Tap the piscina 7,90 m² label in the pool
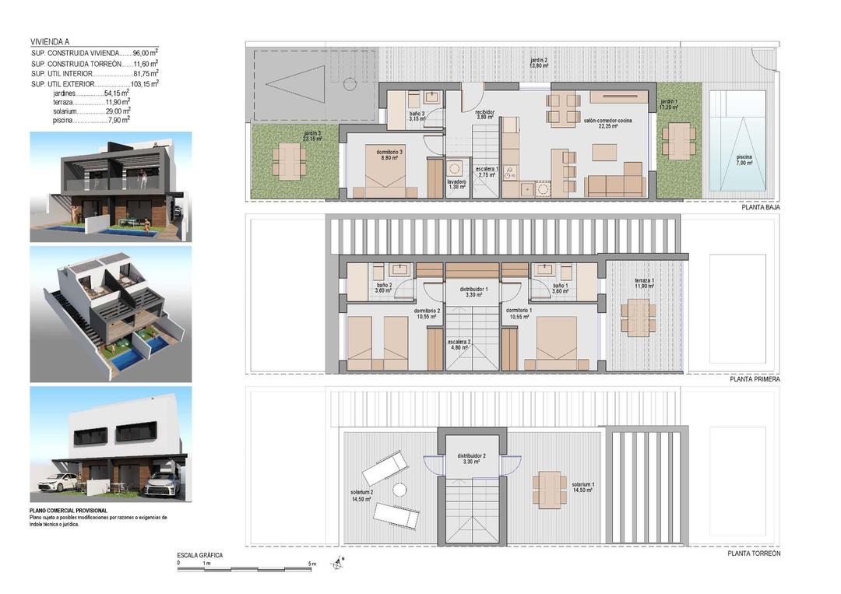pos(744,160)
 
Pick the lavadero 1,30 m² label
pos(456,185)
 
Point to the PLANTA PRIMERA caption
pos(755,379)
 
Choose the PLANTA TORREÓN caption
pos(754,554)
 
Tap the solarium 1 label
pos(582,487)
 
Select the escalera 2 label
pos(458,344)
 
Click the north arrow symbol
pos(339,562)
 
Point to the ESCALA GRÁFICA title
pos(200,555)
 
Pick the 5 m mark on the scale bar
pos(311,563)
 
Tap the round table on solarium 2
pos(399,490)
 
